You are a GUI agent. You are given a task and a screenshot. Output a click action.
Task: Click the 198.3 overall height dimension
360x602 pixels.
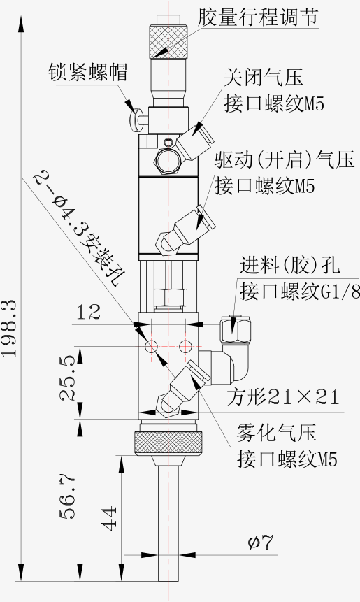[x=9, y=328]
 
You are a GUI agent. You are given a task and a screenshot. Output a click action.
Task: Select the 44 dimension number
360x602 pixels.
[x=109, y=518]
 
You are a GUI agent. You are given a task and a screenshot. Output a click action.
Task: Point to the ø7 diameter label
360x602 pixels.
[x=260, y=543]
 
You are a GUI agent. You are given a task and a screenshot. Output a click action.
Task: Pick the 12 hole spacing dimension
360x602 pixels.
[x=89, y=312]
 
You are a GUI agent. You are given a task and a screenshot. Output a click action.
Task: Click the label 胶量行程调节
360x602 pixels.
[x=258, y=17]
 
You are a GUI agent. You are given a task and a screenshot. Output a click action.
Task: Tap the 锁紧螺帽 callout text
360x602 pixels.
[x=87, y=72]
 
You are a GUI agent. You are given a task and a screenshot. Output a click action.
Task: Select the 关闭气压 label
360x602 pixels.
[x=264, y=77]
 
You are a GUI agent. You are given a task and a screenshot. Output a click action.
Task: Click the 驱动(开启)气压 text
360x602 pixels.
[x=285, y=159]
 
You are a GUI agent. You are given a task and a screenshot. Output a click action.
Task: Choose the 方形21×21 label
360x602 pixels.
[x=283, y=396]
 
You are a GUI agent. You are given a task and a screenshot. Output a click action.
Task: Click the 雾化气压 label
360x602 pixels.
[x=276, y=432]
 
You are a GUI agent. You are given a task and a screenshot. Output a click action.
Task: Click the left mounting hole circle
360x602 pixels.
[x=151, y=346]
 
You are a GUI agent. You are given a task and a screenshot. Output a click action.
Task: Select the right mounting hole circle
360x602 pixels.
[x=185, y=346]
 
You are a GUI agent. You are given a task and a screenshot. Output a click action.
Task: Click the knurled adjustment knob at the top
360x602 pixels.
[x=168, y=41]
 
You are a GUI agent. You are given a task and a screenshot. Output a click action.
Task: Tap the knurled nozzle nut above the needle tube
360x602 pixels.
[x=168, y=443]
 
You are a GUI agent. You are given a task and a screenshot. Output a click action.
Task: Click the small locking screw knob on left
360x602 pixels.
[x=137, y=120]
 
